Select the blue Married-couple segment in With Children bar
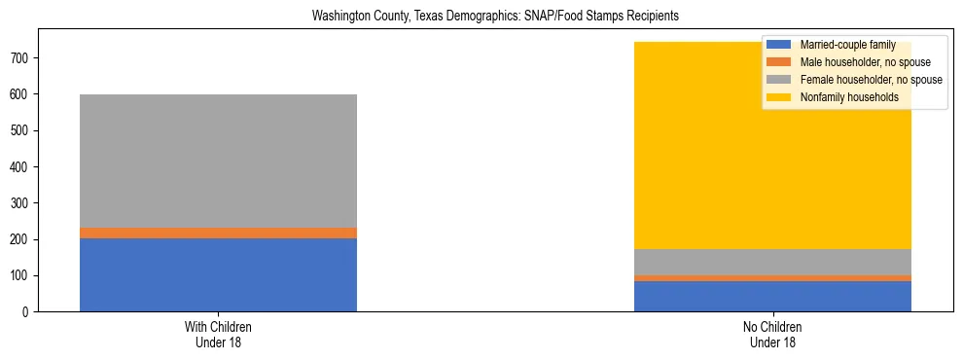pyautogui.click(x=218, y=274)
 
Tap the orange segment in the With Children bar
pyautogui.click(x=218, y=233)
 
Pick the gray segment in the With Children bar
pyautogui.click(x=218, y=161)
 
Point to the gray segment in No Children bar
pyautogui.click(x=772, y=262)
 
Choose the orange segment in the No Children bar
pyautogui.click(x=772, y=278)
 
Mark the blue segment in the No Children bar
pyautogui.click(x=772, y=296)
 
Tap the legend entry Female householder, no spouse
pyautogui.click(x=871, y=80)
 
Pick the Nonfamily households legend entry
pyautogui.click(x=849, y=97)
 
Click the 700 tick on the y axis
pyautogui.click(x=24, y=58)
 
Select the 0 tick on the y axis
pyautogui.click(x=30, y=311)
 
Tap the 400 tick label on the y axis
pyautogui.click(x=24, y=167)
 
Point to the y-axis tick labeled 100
pyautogui.click(x=24, y=275)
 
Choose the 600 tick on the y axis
pyautogui.click(x=24, y=94)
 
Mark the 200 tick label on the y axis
pyautogui.click(x=24, y=239)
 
